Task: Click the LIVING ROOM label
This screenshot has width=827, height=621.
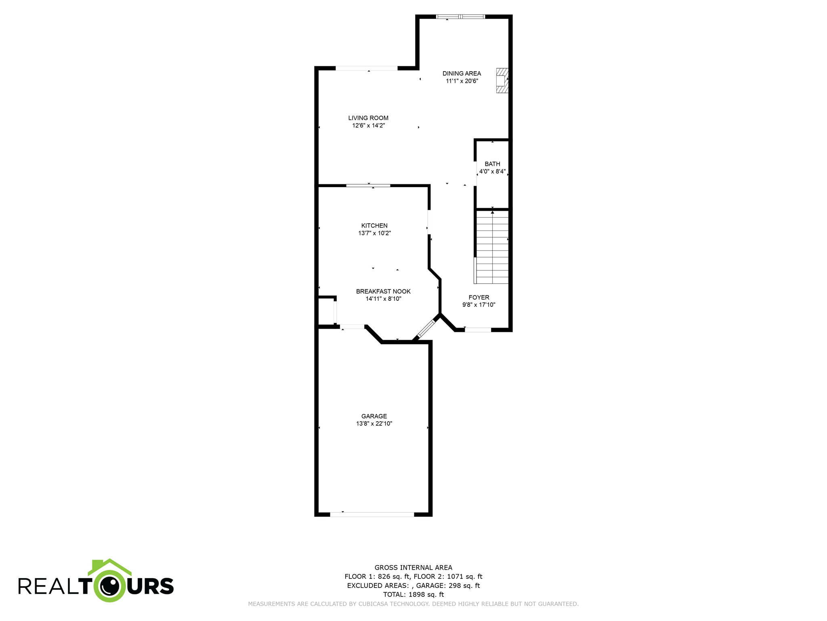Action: (368, 118)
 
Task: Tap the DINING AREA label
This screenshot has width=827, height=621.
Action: (462, 73)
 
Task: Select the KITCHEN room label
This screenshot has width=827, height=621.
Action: (374, 226)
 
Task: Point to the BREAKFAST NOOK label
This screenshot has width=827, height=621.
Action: (383, 291)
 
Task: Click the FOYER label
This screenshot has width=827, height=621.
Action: (479, 297)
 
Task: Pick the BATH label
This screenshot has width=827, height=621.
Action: (492, 164)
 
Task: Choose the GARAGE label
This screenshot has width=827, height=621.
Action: (374, 416)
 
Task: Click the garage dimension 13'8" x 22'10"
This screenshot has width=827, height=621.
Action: (374, 424)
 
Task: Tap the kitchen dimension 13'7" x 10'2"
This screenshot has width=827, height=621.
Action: (374, 233)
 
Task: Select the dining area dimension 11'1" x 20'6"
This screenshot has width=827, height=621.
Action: (462, 81)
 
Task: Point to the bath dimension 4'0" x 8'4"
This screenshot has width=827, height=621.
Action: (492, 171)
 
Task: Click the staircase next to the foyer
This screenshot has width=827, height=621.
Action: (492, 247)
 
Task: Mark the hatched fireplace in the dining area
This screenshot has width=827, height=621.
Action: (502, 80)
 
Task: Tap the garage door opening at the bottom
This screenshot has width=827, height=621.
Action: (372, 514)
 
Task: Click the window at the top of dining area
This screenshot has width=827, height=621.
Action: (460, 17)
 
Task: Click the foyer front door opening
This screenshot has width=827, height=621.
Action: (478, 330)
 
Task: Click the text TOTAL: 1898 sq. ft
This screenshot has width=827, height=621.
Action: (413, 594)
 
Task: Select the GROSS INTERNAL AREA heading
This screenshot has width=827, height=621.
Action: (413, 568)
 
